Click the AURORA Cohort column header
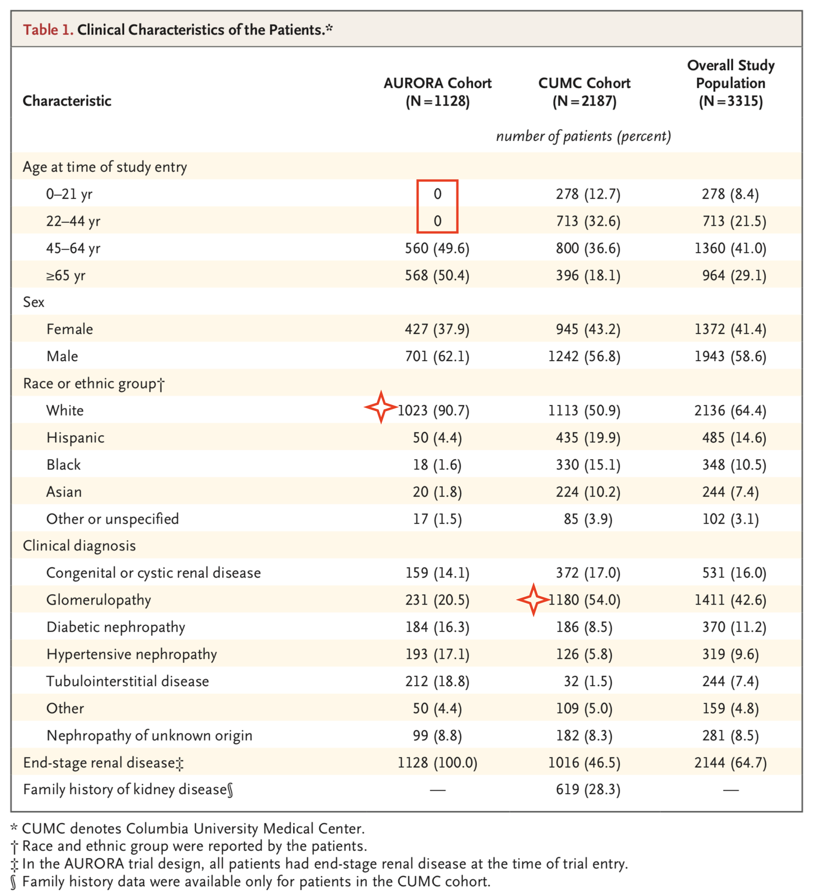coord(437,92)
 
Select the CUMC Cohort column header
coord(584,92)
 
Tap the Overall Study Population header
coord(730,83)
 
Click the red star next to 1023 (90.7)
coord(381,407)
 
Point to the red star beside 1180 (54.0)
coord(533,600)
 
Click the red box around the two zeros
coord(437,206)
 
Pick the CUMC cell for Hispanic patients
coord(584,437)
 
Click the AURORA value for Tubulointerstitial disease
coord(437,681)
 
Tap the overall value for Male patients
coord(730,356)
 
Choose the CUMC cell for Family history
coord(584,790)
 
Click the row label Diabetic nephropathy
coord(115,627)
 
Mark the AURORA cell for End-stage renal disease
coord(437,763)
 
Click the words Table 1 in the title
coord(48,30)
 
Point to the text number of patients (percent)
coord(583,136)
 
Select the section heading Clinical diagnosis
coord(79,546)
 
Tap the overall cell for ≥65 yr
coord(730,275)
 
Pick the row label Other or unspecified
coord(112,519)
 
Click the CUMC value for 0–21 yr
coord(584,194)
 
